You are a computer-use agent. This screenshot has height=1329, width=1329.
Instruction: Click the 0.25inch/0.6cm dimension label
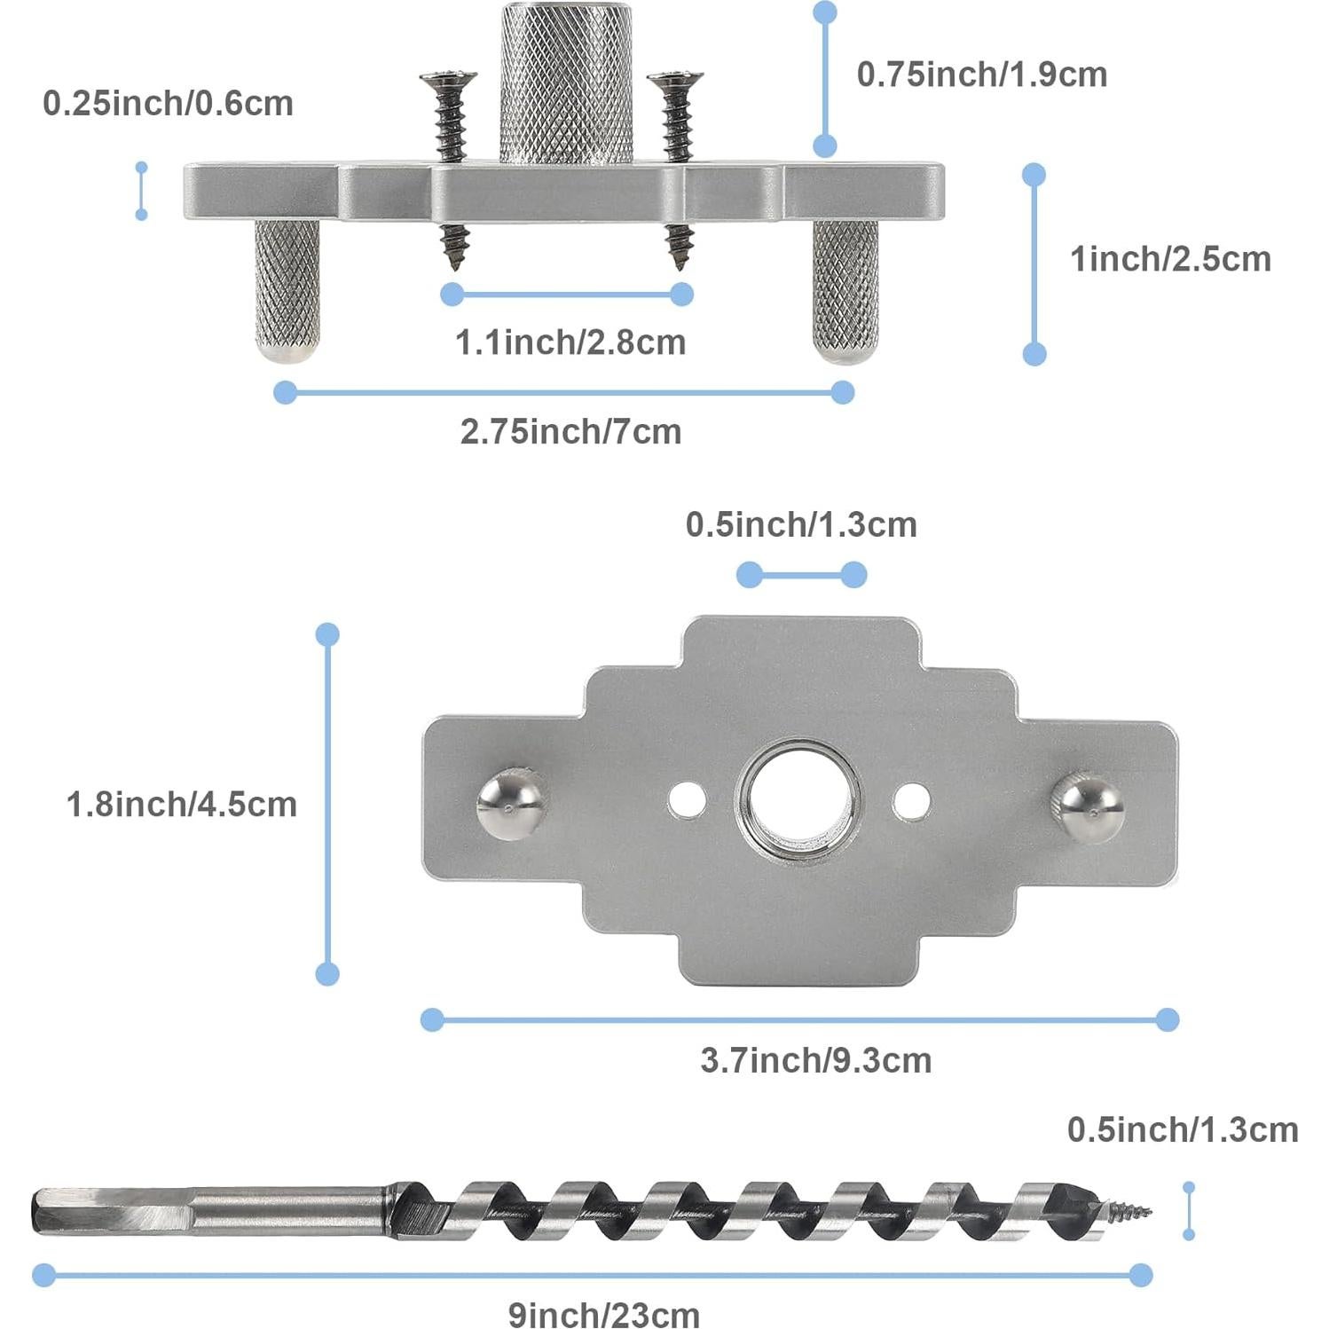(168, 104)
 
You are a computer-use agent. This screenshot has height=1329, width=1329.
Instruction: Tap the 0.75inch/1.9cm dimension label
(981, 75)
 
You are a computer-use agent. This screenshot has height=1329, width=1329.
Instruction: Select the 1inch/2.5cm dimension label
(1169, 259)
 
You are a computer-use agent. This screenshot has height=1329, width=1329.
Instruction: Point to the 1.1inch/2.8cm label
(570, 342)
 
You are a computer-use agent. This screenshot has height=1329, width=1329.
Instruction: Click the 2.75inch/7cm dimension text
(570, 432)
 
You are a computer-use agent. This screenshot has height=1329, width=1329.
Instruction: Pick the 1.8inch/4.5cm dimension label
(181, 805)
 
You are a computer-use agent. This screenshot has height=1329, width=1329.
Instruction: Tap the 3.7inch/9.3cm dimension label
(815, 1060)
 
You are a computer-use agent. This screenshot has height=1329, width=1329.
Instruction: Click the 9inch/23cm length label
(603, 1313)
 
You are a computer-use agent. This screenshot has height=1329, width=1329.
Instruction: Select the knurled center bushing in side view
(566, 84)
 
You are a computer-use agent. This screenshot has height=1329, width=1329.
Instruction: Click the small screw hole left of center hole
(687, 799)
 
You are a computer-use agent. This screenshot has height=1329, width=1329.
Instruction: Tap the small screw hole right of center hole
(911, 799)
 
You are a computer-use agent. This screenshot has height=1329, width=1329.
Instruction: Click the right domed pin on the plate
(1088, 806)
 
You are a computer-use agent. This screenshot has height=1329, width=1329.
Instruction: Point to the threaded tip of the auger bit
(1130, 1209)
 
